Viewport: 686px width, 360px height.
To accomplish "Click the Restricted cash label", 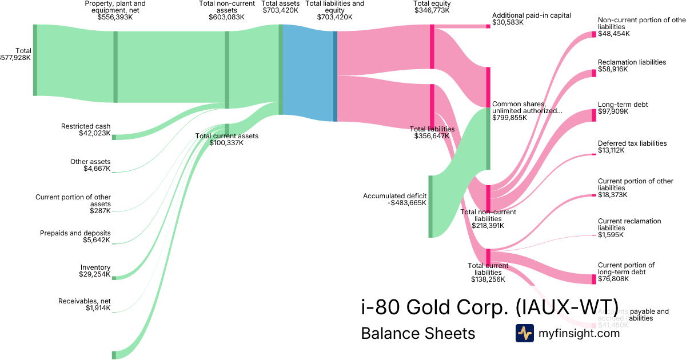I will coord(86,126).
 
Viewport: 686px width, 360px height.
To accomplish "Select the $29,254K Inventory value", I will coord(95,275).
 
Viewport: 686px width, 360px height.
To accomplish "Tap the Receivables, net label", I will coord(85,301).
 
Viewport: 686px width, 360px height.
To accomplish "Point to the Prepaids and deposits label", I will coord(75,233).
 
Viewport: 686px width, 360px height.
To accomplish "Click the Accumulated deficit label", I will coord(394,196).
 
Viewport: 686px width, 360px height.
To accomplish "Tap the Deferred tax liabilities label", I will coord(632,143).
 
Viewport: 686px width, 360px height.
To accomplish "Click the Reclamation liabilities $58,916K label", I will coord(632,65).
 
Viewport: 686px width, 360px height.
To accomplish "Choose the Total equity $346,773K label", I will coord(432,7).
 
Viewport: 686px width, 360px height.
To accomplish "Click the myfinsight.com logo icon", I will coord(524,333).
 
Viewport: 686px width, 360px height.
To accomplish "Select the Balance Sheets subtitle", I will coord(418,333).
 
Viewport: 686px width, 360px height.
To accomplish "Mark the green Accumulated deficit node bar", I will coord(430,206).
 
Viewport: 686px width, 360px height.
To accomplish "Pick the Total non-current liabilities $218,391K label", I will coord(488,219).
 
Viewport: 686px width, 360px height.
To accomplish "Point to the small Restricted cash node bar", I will coord(114,137).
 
